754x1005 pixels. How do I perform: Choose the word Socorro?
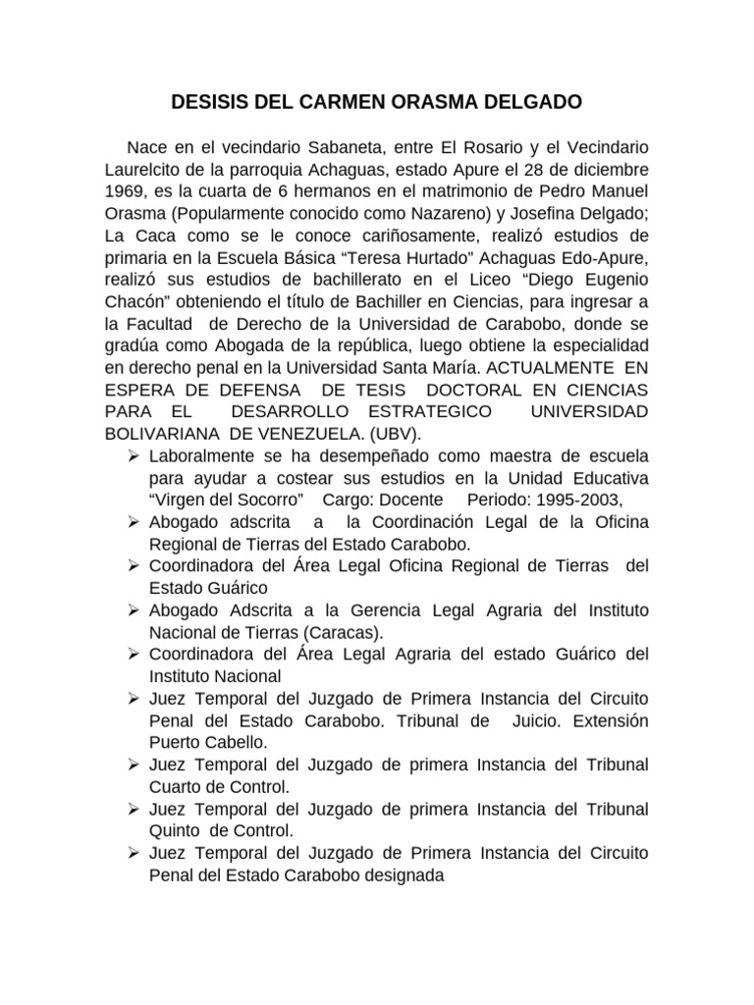tap(260, 498)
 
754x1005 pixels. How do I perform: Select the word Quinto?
tap(176, 830)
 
